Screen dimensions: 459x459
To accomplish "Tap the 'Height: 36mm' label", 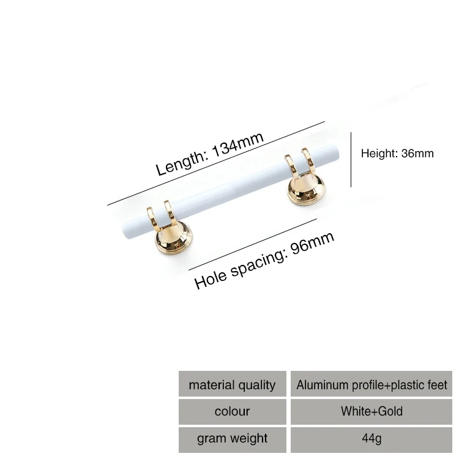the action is point(397,153).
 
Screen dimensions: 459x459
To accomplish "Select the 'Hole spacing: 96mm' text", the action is point(264,260).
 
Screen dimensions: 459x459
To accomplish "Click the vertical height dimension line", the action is point(351,159).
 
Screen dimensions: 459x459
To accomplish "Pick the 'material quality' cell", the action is point(232,385).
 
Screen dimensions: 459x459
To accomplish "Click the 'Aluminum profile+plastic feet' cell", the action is point(371,385).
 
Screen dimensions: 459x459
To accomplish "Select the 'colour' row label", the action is point(232,411).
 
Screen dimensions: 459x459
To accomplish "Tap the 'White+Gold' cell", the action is point(371,411).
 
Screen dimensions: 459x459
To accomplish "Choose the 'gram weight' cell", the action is point(232,438).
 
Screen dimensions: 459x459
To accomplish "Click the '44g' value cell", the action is point(371,438).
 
